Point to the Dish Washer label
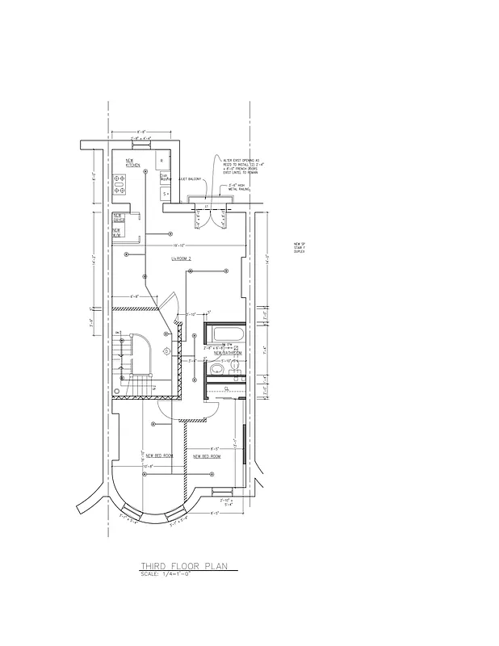164,176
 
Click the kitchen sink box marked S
166,194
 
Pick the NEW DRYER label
118,217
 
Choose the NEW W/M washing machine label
117,231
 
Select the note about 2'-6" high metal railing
238,187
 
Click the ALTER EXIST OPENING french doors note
241,166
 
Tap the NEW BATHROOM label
228,354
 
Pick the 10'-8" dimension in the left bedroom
148,466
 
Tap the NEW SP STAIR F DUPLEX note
299,247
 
